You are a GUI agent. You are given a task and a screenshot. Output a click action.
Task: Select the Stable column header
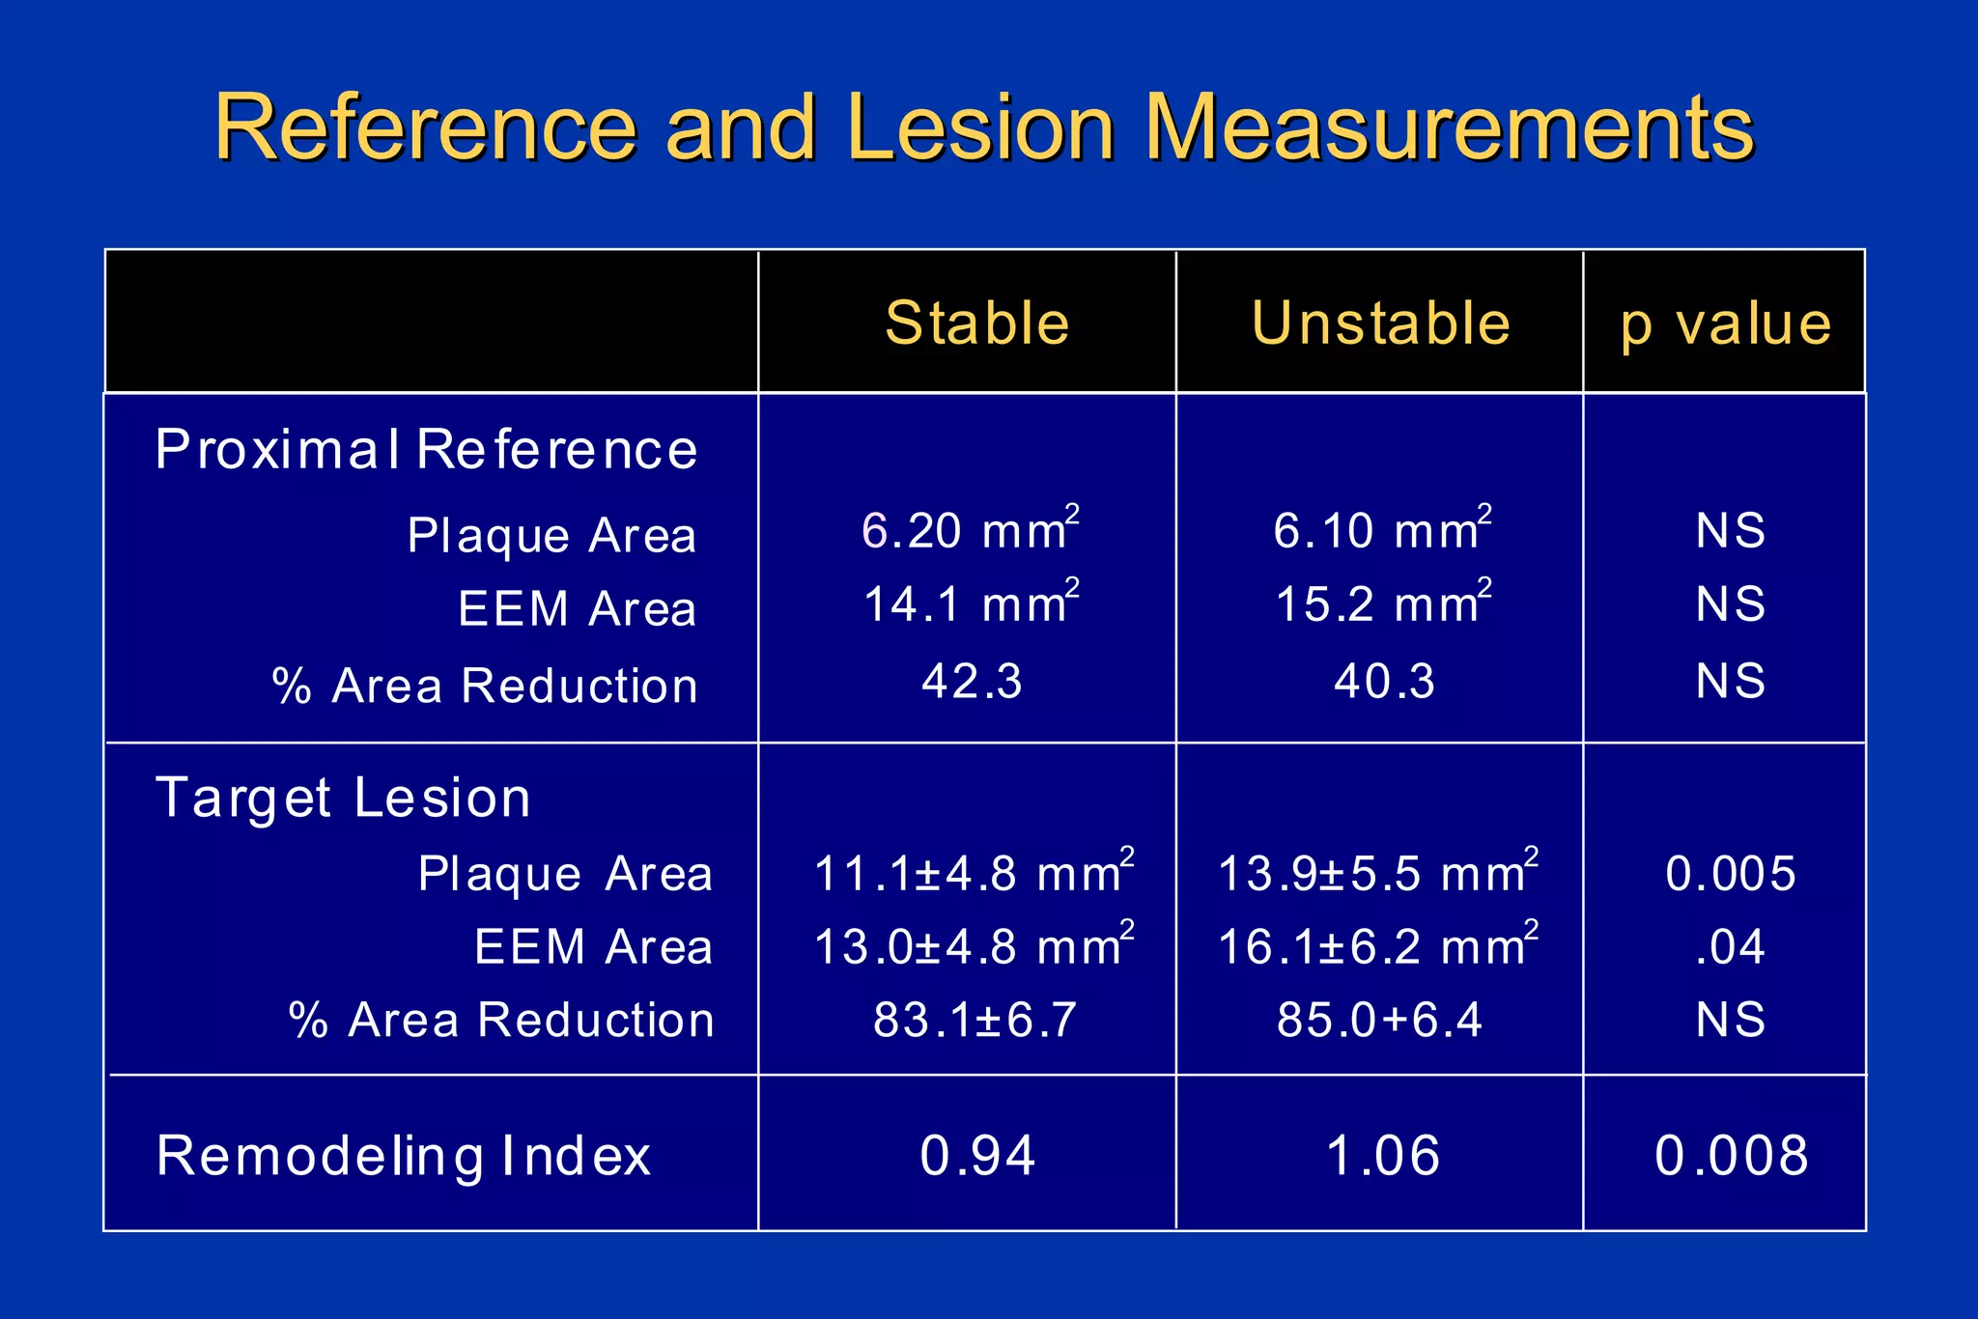977,323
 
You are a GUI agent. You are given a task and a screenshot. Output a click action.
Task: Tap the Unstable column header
1381,323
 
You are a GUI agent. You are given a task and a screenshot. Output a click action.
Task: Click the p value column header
1726,324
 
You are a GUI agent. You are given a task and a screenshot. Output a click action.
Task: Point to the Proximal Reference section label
426,450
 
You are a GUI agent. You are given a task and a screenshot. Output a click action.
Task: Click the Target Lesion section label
343,799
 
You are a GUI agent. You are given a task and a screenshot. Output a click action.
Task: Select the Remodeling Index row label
404,1156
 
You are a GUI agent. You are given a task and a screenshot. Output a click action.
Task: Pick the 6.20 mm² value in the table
970,530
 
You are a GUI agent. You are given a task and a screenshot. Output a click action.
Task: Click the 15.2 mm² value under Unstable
1382,604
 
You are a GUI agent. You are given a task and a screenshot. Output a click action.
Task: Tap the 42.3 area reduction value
972,681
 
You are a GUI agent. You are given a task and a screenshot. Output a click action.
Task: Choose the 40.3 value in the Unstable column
1384,681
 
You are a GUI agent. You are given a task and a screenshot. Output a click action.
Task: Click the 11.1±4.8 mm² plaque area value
974,873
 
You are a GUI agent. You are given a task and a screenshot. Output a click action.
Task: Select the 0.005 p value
1731,874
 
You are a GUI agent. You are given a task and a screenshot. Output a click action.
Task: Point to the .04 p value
1731,946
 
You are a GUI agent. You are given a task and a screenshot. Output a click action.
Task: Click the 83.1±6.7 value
975,1020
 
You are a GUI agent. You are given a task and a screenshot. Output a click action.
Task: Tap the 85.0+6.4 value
1379,1020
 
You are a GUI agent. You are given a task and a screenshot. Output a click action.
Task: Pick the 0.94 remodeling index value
977,1156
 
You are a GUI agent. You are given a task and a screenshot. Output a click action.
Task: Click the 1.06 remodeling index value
1383,1156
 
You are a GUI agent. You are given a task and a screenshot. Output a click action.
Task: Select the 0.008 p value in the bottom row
1731,1156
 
